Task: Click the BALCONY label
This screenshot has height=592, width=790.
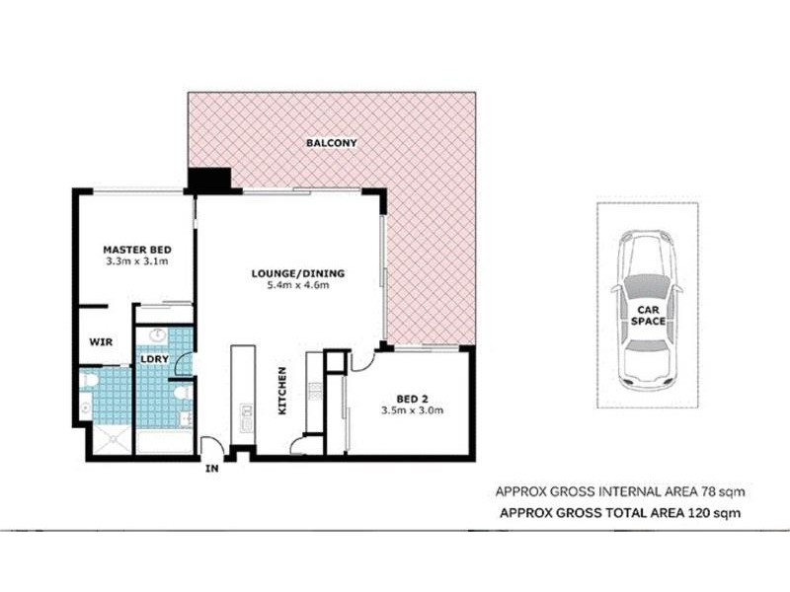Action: (x=331, y=143)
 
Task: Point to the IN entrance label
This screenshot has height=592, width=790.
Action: (x=210, y=469)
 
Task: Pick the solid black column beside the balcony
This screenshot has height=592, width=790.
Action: (x=208, y=181)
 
